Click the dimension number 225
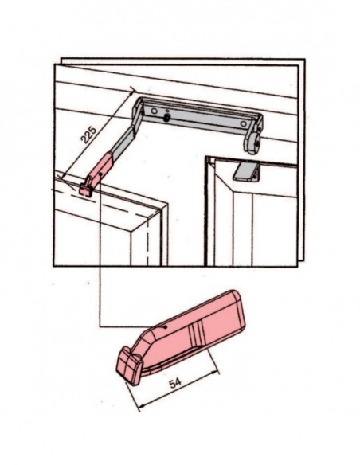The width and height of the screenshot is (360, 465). [x=89, y=135]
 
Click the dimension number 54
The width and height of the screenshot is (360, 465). [x=175, y=383]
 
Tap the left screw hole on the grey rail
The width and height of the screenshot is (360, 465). [x=154, y=111]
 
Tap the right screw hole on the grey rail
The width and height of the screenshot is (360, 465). [x=243, y=123]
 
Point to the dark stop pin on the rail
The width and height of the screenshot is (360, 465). [x=167, y=116]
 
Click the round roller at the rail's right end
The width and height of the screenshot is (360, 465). [x=254, y=143]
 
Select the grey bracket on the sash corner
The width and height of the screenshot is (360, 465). [x=246, y=171]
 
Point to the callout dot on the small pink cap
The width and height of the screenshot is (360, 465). [x=101, y=174]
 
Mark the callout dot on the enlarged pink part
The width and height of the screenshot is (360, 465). [x=166, y=327]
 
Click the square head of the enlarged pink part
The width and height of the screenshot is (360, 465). [x=128, y=366]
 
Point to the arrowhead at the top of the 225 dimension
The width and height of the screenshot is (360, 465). [x=134, y=89]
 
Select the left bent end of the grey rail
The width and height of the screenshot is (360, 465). [x=139, y=113]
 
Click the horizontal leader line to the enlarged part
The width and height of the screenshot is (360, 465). [x=132, y=326]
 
